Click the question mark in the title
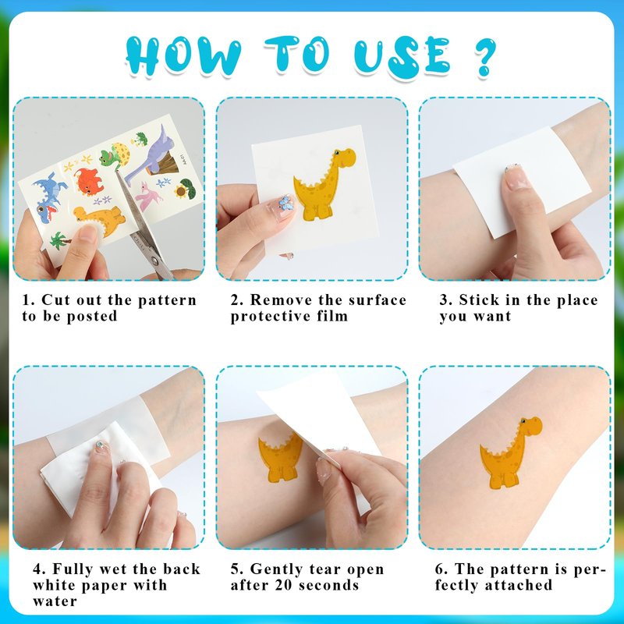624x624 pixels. (x=485, y=56)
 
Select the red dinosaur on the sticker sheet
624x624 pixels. (x=89, y=182)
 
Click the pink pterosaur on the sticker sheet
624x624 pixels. (x=148, y=196)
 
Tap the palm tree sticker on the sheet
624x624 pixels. (x=60, y=241)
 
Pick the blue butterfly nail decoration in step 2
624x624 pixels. (x=285, y=203)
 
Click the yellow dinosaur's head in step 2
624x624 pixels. (x=345, y=157)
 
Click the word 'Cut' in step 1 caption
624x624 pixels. (x=56, y=300)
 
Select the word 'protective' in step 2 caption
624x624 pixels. (x=271, y=317)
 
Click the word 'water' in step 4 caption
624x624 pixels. (x=55, y=601)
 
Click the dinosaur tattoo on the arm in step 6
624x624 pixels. (x=511, y=452)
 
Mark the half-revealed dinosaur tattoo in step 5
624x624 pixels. (x=280, y=458)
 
